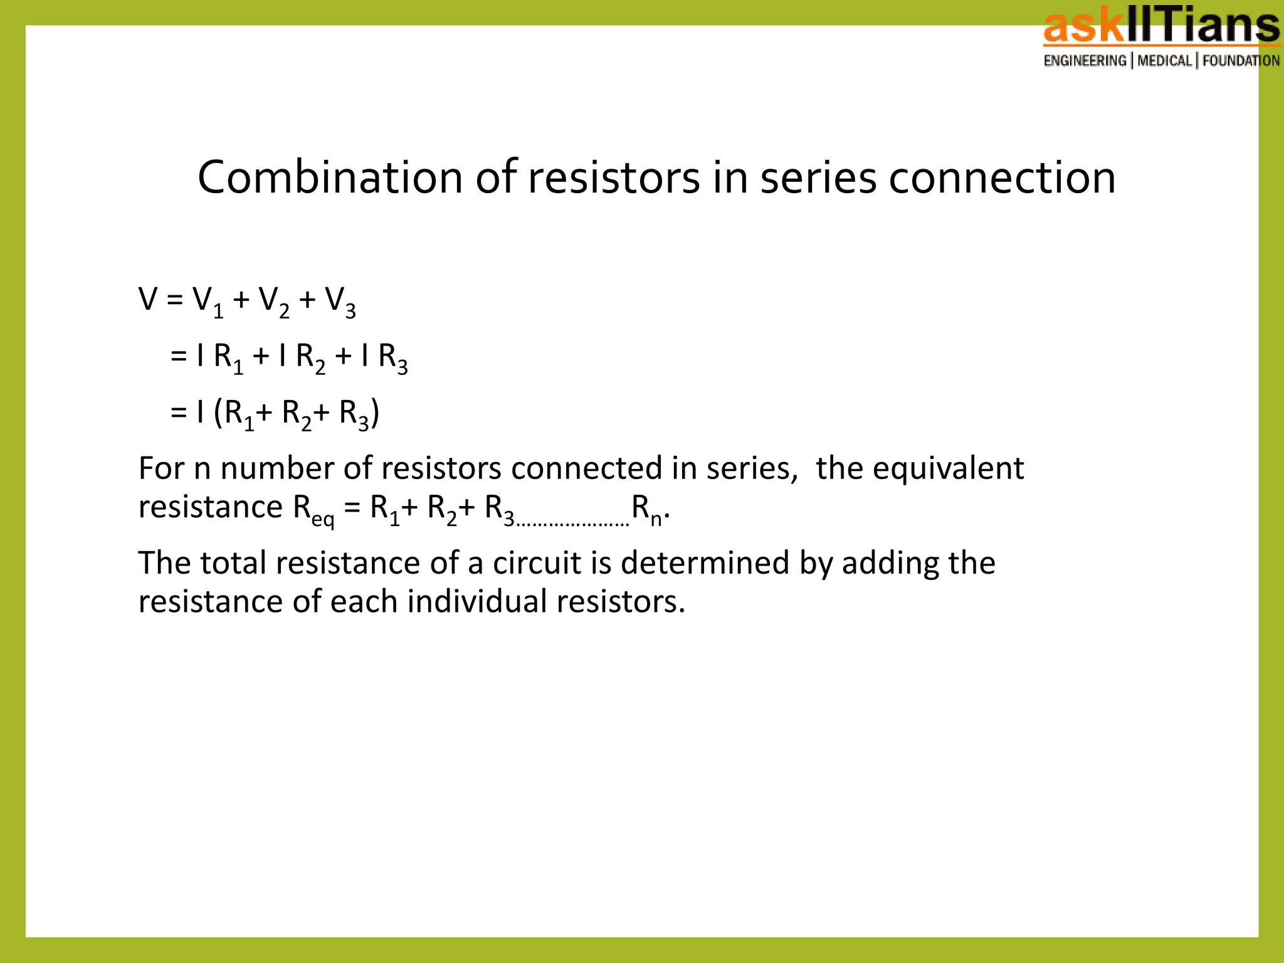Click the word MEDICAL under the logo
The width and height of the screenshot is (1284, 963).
pos(1164,61)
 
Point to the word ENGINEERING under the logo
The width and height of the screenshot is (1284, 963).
pos(1085,61)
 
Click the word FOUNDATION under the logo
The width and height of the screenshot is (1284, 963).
pos(1241,61)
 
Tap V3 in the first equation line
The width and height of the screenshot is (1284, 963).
pos(340,302)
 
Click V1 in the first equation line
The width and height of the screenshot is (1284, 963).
pos(208,302)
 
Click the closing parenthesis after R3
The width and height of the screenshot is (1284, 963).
pos(375,413)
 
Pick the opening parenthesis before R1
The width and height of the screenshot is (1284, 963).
pos(218,413)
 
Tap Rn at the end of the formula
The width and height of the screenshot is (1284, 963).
pos(646,509)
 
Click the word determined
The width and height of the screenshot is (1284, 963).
pos(705,562)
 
